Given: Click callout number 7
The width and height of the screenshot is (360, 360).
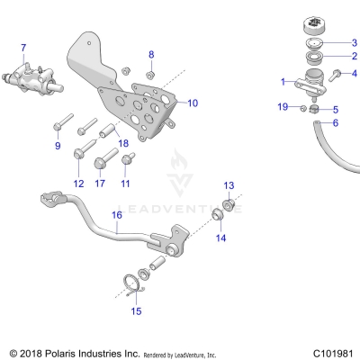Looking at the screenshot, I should (23, 47).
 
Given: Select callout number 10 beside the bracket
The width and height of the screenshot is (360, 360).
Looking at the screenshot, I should (191, 103).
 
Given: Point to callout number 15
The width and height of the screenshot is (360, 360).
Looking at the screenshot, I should (137, 311).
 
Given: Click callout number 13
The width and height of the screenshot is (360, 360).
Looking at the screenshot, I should (228, 185).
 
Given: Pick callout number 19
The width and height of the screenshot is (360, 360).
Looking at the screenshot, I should (282, 107).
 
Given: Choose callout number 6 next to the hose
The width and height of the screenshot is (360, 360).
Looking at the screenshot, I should (336, 122).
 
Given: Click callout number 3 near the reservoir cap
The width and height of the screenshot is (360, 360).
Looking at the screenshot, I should (354, 42).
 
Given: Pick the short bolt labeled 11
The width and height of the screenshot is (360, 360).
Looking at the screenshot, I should (127, 159).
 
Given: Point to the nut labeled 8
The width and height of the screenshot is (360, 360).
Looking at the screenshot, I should (151, 73).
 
